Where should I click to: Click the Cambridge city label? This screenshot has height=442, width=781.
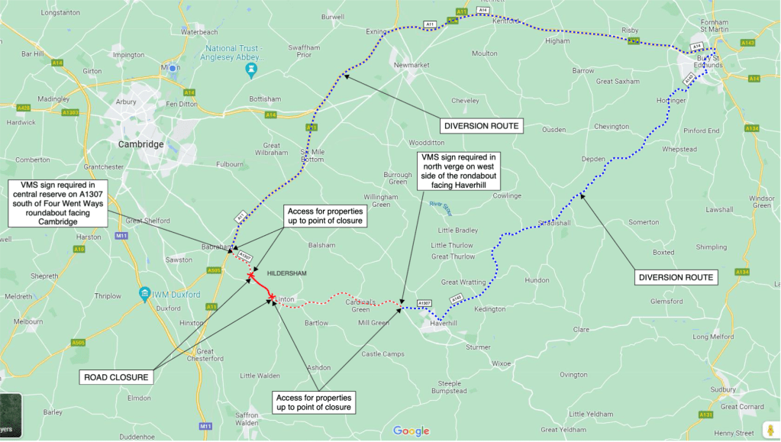click(x=141, y=144)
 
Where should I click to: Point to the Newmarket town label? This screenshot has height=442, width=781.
click(x=413, y=66)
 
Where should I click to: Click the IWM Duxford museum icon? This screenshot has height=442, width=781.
click(x=144, y=295)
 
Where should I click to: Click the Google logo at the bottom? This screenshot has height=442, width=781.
click(x=411, y=431)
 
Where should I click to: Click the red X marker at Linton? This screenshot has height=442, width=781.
click(x=272, y=296)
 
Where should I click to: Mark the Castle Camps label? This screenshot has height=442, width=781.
click(x=382, y=353)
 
